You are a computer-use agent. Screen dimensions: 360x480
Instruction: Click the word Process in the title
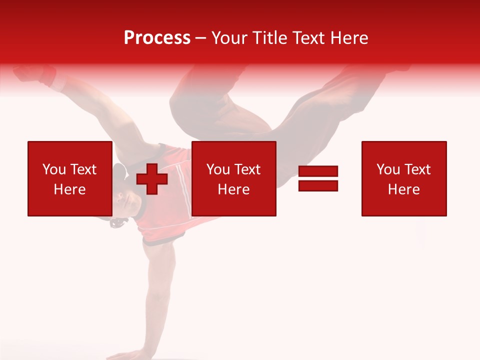(x=157, y=37)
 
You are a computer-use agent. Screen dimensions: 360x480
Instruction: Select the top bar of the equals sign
(x=318, y=171)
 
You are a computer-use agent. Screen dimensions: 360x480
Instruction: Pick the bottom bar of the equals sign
(x=318, y=185)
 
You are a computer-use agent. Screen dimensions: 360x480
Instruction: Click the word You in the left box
(x=54, y=169)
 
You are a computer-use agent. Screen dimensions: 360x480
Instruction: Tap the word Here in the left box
(x=69, y=189)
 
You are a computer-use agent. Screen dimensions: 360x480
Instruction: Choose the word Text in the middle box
(x=247, y=169)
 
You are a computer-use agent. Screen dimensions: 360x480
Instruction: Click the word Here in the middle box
(x=233, y=189)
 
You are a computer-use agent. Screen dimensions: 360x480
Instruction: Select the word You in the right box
(x=388, y=169)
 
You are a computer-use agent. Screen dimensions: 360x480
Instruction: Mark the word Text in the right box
(x=417, y=169)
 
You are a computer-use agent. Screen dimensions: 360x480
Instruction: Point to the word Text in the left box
(x=83, y=169)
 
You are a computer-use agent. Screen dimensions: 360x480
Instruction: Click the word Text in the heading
(x=306, y=37)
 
